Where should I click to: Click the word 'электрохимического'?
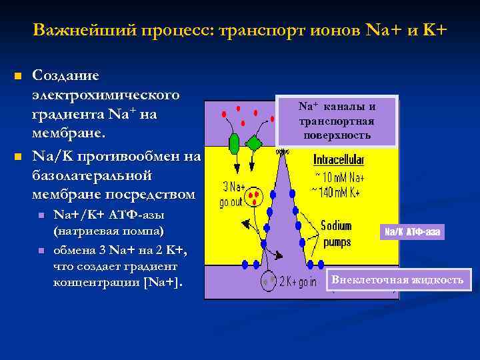[x=105, y=95]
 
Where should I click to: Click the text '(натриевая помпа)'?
[x=109, y=230]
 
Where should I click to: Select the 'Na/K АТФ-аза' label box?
[x=413, y=232]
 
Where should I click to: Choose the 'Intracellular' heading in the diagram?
[x=339, y=161]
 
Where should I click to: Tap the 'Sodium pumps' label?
[x=337, y=234]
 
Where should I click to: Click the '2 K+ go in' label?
[x=297, y=281]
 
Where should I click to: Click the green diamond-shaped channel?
[x=254, y=143]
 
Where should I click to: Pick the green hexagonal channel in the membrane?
[x=234, y=143]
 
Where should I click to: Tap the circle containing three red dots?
[x=256, y=197]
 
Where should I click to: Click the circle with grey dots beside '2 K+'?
[x=269, y=281]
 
